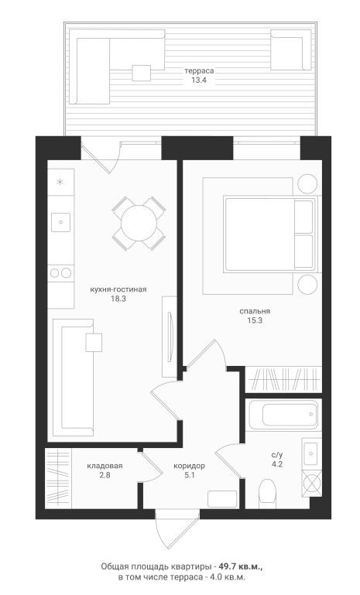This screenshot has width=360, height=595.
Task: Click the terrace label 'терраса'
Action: click(x=199, y=70)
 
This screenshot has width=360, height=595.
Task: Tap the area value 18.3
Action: click(x=118, y=299)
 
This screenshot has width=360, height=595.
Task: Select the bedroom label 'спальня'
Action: click(x=255, y=311)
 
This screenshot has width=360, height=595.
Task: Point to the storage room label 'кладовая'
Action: click(x=105, y=466)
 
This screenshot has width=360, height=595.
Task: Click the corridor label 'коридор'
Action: click(x=189, y=466)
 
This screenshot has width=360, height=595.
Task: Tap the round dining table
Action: click(x=139, y=223)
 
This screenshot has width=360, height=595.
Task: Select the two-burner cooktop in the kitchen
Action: click(x=60, y=273)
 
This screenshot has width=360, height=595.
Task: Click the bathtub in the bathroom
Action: click(x=283, y=415)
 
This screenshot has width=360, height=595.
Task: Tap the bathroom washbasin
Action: click(x=312, y=454)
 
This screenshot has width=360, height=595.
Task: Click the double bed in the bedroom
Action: click(x=270, y=234)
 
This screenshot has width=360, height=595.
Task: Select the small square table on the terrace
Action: click(x=141, y=73)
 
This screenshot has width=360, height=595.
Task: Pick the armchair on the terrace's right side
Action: click(x=291, y=50)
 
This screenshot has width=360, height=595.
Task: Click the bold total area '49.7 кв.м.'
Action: click(x=241, y=566)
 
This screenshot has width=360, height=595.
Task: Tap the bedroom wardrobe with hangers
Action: click(x=283, y=379)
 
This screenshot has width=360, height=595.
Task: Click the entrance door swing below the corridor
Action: click(x=177, y=528)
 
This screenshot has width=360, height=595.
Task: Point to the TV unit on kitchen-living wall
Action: click(x=170, y=337)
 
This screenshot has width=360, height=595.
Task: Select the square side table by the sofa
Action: click(x=94, y=342)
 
